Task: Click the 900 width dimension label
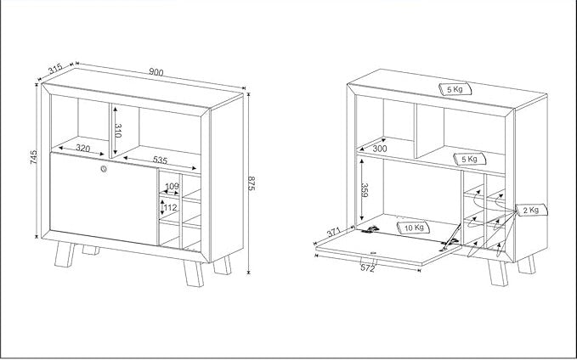tap(156, 72)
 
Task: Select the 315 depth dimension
tap(55, 69)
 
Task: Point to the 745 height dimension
tap(33, 157)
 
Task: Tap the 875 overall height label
tap(252, 183)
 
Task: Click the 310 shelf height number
tap(118, 131)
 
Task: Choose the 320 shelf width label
tap(82, 149)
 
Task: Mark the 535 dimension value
tap(160, 160)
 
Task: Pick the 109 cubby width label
tap(172, 186)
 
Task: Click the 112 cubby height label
tap(170, 208)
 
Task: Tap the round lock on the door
tap(104, 169)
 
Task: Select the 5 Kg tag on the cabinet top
tap(455, 89)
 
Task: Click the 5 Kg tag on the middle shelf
tap(470, 160)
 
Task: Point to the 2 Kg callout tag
tap(531, 210)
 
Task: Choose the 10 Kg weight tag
tap(414, 228)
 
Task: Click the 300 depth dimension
tap(380, 149)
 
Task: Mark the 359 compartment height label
tap(365, 190)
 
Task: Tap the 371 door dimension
tap(333, 233)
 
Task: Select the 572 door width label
tap(368, 268)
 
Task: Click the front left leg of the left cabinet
tap(65, 254)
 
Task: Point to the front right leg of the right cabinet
tap(498, 273)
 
